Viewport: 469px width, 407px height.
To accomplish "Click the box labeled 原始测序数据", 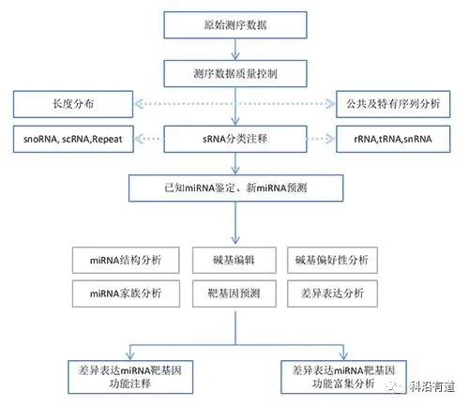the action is [235, 25].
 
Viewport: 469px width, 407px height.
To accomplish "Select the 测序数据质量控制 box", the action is [235, 74].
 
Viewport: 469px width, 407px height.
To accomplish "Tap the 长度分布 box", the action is [73, 104].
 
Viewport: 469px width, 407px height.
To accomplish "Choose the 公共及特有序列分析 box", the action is [393, 104].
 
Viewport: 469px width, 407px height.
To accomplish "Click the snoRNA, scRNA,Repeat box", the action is [73, 139].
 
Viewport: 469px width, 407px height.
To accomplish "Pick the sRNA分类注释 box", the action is [235, 139].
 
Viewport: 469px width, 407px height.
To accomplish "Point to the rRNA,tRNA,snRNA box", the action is [393, 139].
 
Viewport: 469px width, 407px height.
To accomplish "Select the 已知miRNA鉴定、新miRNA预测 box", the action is [235, 188].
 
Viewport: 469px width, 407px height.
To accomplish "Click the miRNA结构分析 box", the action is [126, 260].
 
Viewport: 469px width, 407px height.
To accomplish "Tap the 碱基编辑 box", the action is [234, 260].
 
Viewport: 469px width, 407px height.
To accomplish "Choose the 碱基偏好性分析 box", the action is [332, 260].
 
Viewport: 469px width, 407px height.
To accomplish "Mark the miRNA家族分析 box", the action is [126, 294].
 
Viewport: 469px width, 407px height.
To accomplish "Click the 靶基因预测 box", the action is [234, 294].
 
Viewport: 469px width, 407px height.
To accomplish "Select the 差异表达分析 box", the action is [332, 294].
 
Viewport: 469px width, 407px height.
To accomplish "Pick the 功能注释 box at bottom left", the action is [130, 377].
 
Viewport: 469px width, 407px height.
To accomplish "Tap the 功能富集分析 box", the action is [343, 377].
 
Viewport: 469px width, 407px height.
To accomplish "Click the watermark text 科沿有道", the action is [431, 387].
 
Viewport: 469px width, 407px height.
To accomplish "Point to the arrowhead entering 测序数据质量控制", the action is [235, 56].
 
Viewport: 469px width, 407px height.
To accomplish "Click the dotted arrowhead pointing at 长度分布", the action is [139, 104].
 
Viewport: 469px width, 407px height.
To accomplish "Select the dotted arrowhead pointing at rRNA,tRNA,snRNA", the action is [331, 139].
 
